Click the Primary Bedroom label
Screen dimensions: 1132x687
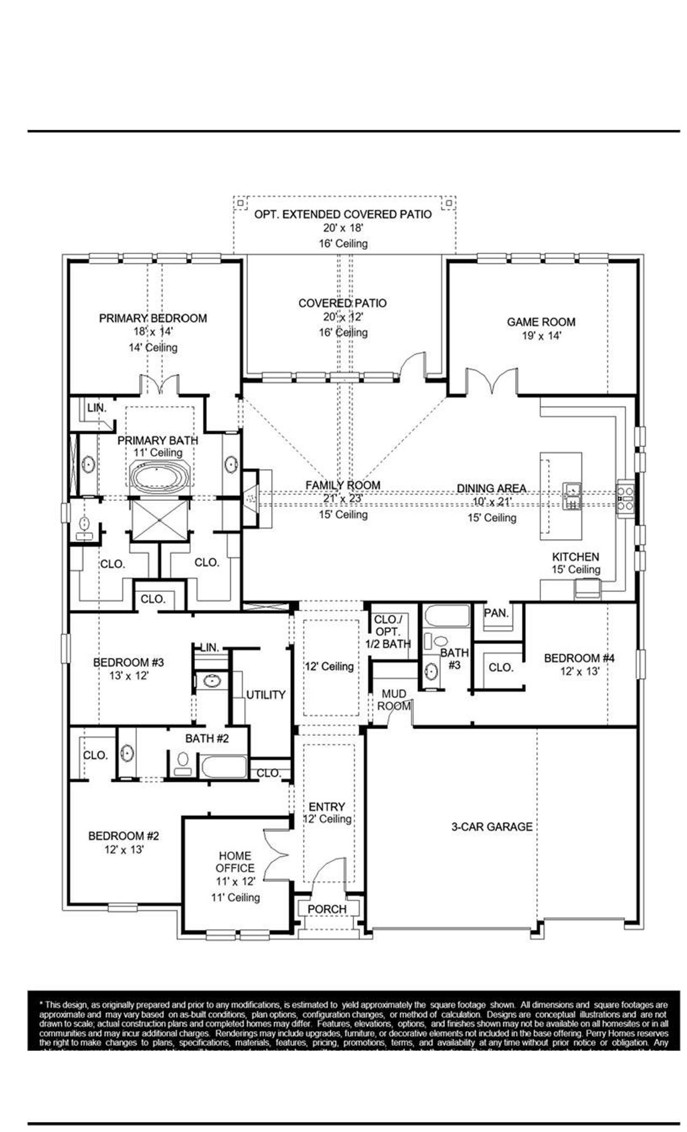coord(153,318)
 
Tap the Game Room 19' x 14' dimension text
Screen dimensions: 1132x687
coord(540,336)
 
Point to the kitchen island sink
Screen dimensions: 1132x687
coord(572,496)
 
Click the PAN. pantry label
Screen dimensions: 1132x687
coord(496,613)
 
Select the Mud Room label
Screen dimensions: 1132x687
coord(394,700)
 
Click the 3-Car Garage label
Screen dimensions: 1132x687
coord(492,826)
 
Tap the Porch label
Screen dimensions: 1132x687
coord(327,909)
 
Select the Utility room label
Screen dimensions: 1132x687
coord(266,694)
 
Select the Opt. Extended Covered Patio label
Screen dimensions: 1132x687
coord(342,214)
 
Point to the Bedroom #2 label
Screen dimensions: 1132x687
coord(123,836)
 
